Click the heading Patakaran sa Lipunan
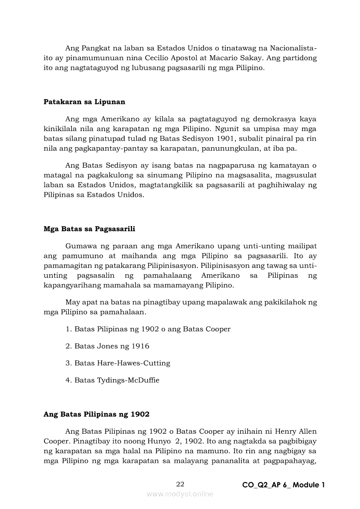[x=84, y=102]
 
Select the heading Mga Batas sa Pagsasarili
[x=89, y=229]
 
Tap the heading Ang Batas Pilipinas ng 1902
[x=96, y=414]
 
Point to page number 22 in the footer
[x=180, y=484]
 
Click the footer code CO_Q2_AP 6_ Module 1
[x=283, y=485]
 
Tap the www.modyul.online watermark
[x=180, y=494]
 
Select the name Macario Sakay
[x=266, y=58]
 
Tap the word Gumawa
[x=80, y=246]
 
